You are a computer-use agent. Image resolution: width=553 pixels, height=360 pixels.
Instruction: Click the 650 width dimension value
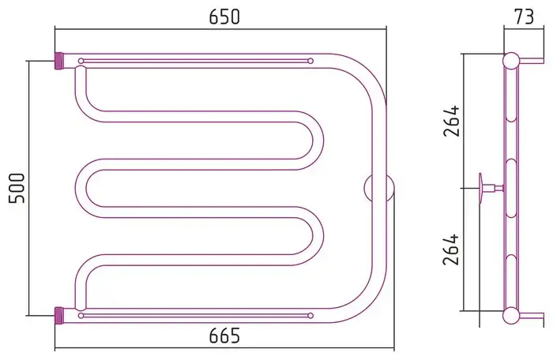224,17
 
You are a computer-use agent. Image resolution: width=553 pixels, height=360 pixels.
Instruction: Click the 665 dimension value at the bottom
224,336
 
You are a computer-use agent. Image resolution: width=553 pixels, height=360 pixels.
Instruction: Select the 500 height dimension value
17,188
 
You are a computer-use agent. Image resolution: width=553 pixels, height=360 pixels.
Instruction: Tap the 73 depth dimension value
524,17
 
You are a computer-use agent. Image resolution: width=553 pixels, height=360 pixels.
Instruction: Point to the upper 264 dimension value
452,121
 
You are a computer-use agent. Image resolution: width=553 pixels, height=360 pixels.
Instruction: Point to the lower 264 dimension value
452,249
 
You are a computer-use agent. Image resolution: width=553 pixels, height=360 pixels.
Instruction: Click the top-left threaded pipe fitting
59,61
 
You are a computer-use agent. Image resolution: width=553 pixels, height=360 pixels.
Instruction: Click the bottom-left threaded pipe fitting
59,316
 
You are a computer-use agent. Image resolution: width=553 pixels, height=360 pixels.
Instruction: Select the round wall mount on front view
378,188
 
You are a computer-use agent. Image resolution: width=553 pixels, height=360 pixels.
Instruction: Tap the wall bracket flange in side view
480,188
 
